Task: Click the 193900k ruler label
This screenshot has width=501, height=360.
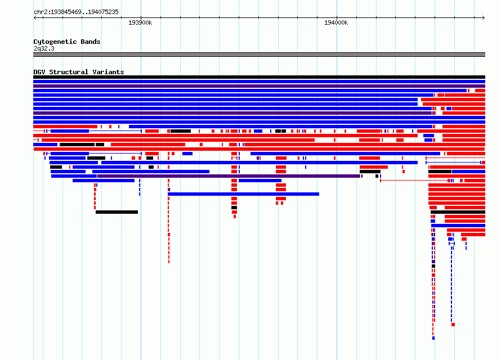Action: coord(140,22)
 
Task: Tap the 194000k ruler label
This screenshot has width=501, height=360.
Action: coord(336,22)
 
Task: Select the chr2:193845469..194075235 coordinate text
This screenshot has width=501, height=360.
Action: coord(76,12)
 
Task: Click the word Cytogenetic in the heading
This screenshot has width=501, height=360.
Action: coord(55,42)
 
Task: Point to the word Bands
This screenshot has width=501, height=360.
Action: coord(91,42)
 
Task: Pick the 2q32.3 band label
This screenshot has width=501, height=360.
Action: coord(44,48)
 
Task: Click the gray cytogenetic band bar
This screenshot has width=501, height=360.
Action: coord(259,55)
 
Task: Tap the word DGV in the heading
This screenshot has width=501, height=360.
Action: coord(39,72)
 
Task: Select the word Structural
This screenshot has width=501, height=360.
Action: coord(69,72)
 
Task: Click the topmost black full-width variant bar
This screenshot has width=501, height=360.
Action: coord(259,77)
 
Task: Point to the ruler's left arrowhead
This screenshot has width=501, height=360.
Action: coord(35,18)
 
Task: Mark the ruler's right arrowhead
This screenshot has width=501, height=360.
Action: coord(484,18)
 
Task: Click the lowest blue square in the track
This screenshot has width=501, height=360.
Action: coord(433,338)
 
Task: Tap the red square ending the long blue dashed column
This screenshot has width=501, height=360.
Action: coord(453,325)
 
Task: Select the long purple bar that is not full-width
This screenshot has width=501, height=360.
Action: coord(229,176)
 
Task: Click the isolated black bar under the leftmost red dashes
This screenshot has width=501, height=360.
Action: coord(117,212)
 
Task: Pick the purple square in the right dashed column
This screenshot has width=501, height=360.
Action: coord(433,262)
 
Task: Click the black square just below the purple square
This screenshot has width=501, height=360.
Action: coord(433,266)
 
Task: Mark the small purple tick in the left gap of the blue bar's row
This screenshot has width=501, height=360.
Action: coord(119,127)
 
